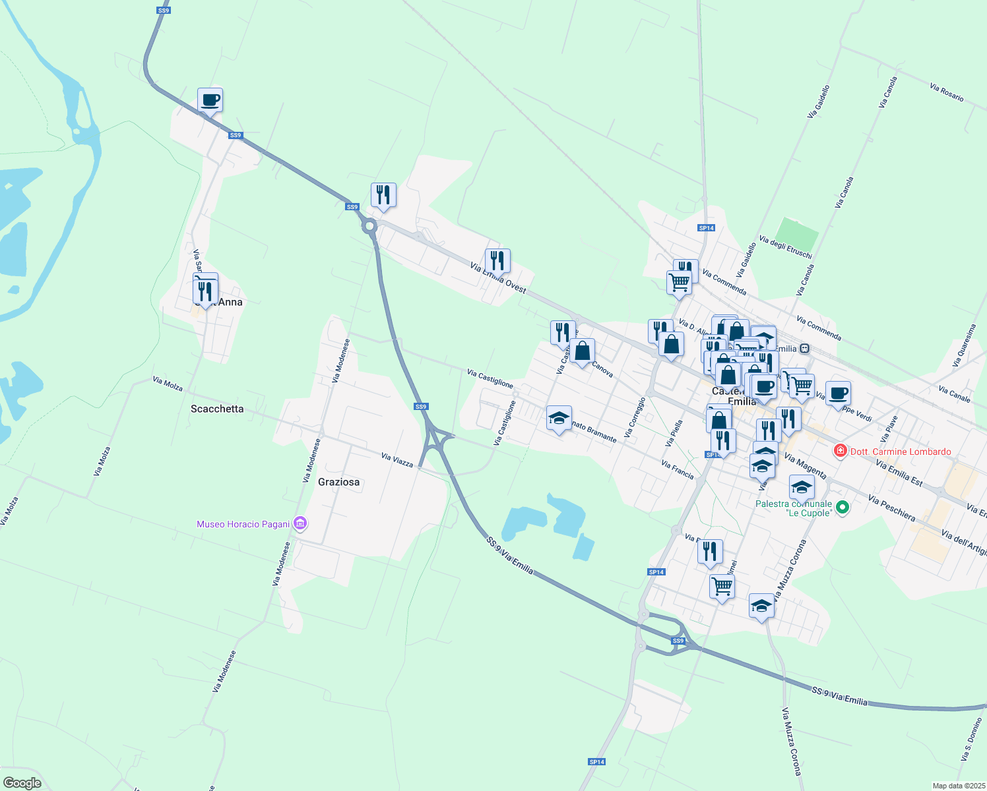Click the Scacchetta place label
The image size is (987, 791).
[x=217, y=409]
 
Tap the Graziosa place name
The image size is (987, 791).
[x=339, y=483]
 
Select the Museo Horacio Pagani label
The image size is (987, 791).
[x=243, y=525]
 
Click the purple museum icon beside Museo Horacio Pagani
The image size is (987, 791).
[x=301, y=524]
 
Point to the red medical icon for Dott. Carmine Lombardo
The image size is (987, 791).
[x=840, y=452]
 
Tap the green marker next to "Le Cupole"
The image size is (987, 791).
[x=842, y=508]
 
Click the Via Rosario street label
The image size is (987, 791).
[x=947, y=92]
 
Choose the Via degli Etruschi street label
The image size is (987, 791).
[x=785, y=247]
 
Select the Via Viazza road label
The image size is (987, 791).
[x=397, y=460]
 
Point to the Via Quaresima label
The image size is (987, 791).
[x=964, y=345]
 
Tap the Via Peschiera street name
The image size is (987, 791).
[x=892, y=508]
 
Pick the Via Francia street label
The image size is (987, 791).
[x=678, y=470]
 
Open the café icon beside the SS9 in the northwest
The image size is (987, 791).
[x=210, y=101]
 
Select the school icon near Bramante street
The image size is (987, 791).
[x=559, y=419]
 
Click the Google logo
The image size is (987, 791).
[x=22, y=783]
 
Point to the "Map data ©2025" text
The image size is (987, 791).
[x=958, y=786]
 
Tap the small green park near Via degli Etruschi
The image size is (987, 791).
[x=796, y=233]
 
